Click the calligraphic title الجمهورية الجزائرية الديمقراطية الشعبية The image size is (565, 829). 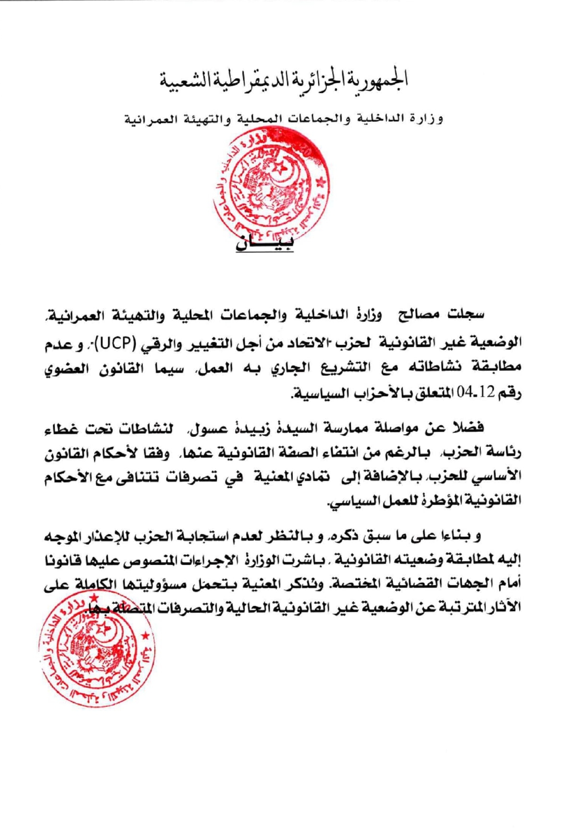[283, 81]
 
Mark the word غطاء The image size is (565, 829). [62, 427]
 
